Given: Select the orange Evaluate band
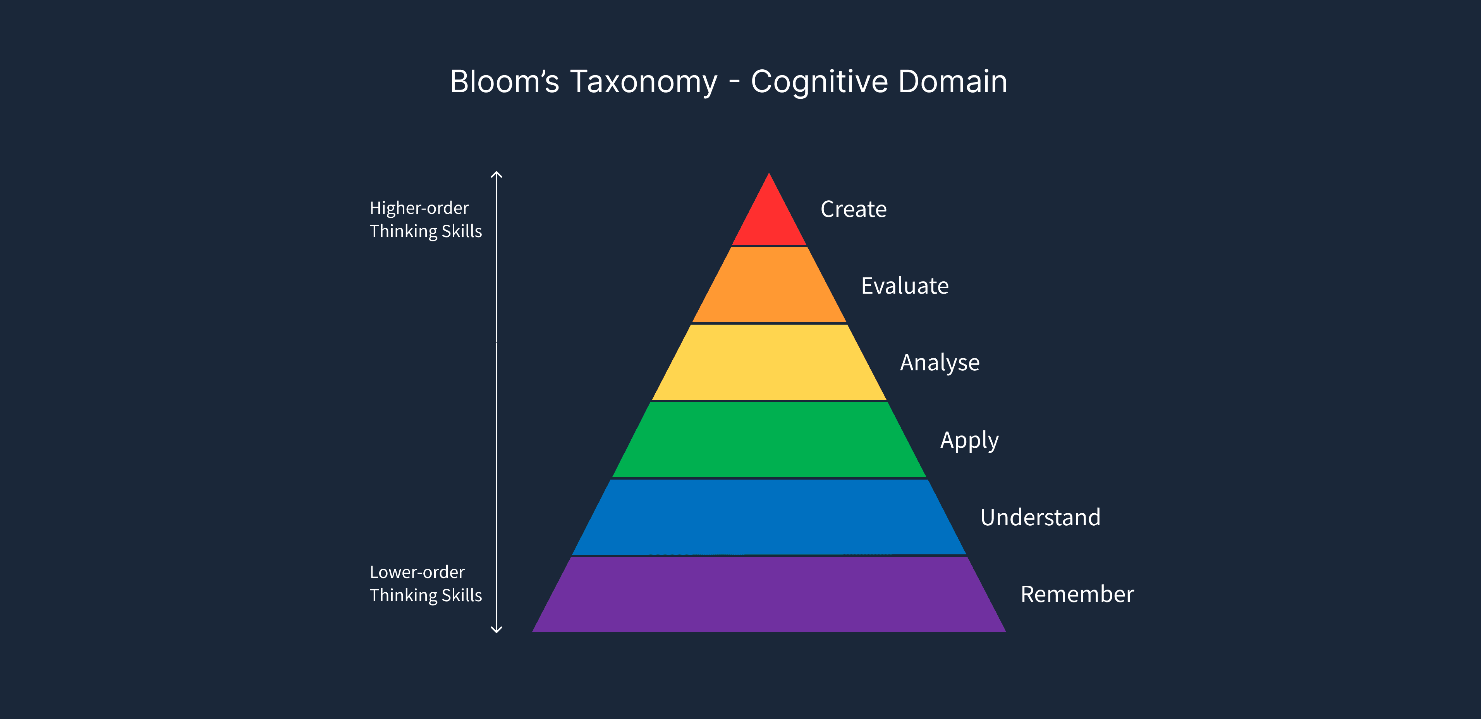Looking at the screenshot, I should click(x=769, y=285).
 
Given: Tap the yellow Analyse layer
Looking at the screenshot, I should click(x=769, y=362).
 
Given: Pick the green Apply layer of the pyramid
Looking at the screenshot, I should click(x=769, y=439).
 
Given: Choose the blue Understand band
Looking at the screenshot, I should click(x=769, y=516).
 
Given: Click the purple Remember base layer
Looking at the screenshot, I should click(x=769, y=595).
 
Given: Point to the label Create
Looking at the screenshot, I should click(x=853, y=209).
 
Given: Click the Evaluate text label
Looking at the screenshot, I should click(x=904, y=286).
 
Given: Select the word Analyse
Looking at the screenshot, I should click(x=940, y=363).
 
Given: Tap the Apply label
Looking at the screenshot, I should click(x=969, y=440).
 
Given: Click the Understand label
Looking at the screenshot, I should click(x=1040, y=518).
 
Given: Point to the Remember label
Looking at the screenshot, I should click(x=1077, y=594).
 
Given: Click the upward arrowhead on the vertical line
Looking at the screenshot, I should click(x=497, y=174).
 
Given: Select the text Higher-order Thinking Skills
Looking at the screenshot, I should click(x=426, y=219).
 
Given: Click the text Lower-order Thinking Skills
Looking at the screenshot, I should click(x=426, y=583).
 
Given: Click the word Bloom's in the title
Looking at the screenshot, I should click(x=504, y=82).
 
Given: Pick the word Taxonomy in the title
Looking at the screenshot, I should click(x=644, y=82).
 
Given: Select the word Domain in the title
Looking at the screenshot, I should click(x=953, y=82).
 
